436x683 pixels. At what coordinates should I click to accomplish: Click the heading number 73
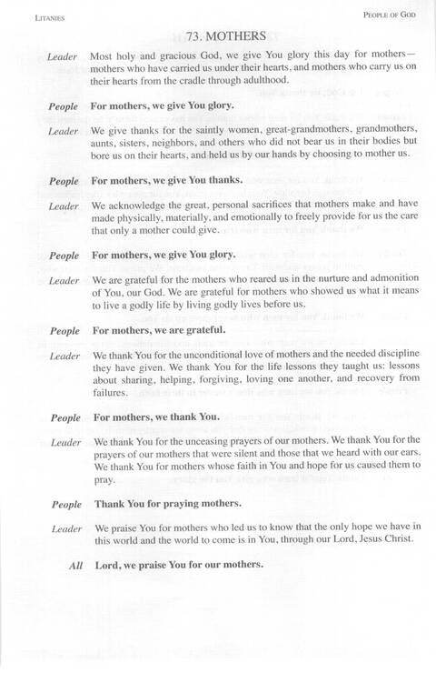tap(193, 36)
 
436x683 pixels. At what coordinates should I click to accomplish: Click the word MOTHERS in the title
tap(236, 36)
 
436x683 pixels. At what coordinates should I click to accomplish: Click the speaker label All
tap(76, 566)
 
